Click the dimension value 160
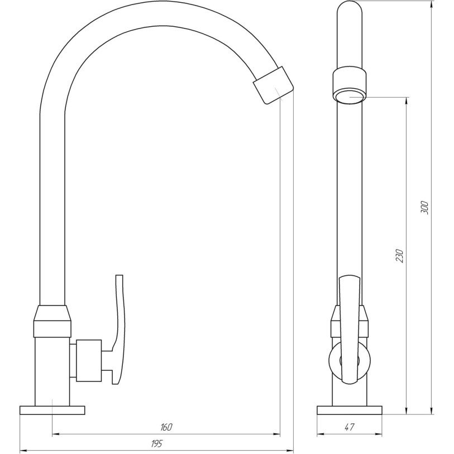166,427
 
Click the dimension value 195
157,443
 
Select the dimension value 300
424,207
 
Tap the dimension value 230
399,255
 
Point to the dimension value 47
350,427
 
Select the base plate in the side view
350,410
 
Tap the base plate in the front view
52,410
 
